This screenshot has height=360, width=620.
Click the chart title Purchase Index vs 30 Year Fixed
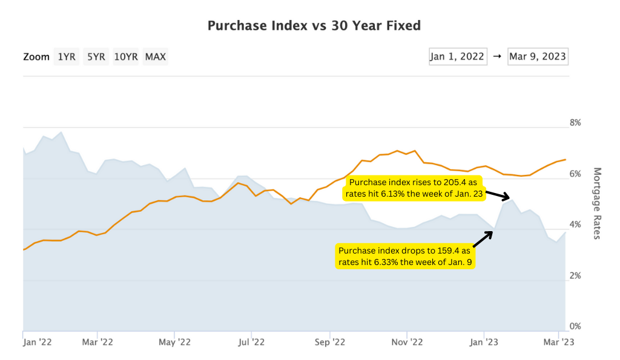pyautogui.click(x=314, y=25)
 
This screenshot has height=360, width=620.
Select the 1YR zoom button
pyautogui.click(x=67, y=57)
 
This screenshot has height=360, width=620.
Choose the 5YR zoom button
pyautogui.click(x=96, y=57)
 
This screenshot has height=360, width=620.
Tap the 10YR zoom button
pyautogui.click(x=126, y=57)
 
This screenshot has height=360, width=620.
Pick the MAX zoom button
pyautogui.click(x=156, y=57)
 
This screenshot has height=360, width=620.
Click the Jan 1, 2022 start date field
pyautogui.click(x=457, y=56)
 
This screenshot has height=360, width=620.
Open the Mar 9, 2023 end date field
pyautogui.click(x=538, y=56)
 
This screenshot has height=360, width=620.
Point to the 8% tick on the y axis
pyautogui.click(x=575, y=123)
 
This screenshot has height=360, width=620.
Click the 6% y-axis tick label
pyautogui.click(x=575, y=174)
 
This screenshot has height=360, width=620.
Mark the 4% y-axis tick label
pyautogui.click(x=575, y=225)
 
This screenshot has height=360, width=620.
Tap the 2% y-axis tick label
pyautogui.click(x=575, y=276)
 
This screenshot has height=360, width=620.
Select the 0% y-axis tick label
pyautogui.click(x=575, y=327)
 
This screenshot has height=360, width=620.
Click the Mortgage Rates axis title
pyautogui.click(x=596, y=203)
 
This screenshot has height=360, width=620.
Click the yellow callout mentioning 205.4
pyautogui.click(x=414, y=188)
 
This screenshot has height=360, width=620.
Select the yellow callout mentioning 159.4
pyautogui.click(x=403, y=256)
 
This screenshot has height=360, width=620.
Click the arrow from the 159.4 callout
pyautogui.click(x=483, y=239)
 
